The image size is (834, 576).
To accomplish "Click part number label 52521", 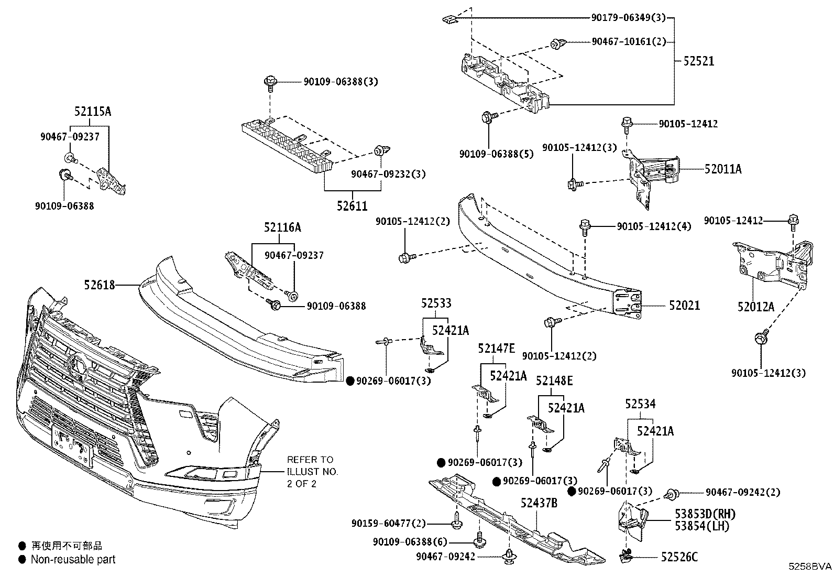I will (698, 61).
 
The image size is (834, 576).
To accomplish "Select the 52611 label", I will (352, 206).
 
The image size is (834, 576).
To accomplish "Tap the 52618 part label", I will (99, 285).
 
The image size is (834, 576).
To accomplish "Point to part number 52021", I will (684, 305).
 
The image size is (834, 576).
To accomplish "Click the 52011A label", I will (723, 169).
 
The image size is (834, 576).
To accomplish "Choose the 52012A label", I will (755, 307).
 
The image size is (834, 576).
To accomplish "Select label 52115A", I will (93, 112).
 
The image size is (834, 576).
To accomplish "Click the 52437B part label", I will (539, 503).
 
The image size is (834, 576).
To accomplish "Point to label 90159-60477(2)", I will (388, 524).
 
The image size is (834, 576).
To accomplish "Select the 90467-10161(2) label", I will (629, 41).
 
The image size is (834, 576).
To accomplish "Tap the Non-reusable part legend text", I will (73, 560).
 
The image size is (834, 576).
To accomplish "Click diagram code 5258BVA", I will (810, 567).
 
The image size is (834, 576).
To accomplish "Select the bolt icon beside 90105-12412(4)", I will (585, 227).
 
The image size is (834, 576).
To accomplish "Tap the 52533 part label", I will (436, 303).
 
